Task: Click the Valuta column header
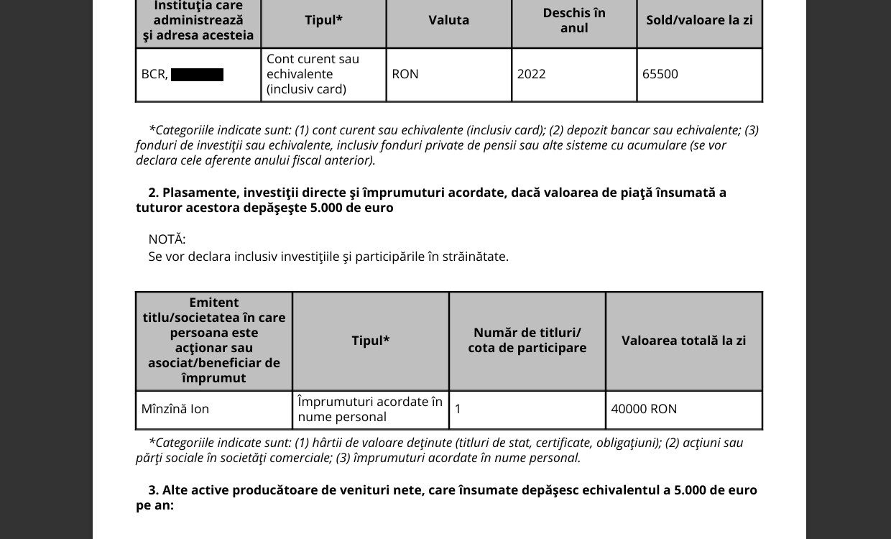[x=449, y=20]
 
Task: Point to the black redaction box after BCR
[x=197, y=75]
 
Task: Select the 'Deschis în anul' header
[x=574, y=20]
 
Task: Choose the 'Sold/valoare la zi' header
[x=699, y=20]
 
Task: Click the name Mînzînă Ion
[x=175, y=409]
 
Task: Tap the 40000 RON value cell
[x=644, y=409]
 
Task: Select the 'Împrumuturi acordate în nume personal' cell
[x=370, y=409]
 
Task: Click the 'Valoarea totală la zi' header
[x=683, y=341]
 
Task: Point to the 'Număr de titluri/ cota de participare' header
[x=527, y=341]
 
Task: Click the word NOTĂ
[x=167, y=239]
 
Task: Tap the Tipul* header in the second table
[x=371, y=341]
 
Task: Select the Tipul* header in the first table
[x=323, y=20]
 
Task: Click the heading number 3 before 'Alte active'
[x=153, y=490]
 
